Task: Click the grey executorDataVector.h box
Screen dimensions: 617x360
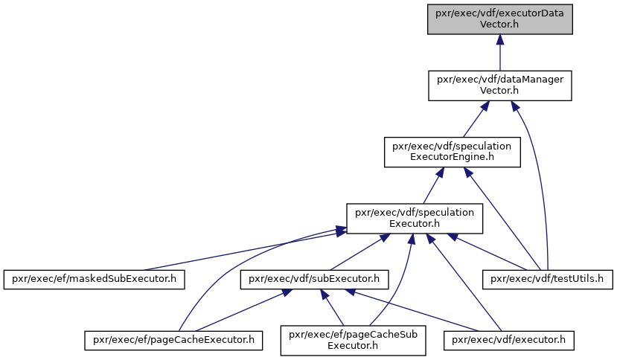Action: pyautogui.click(x=499, y=19)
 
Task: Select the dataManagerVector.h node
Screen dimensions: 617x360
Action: pyautogui.click(x=499, y=86)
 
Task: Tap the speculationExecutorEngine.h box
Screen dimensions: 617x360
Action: pyautogui.click(x=453, y=152)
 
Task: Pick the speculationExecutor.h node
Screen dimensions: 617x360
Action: pyautogui.click(x=415, y=219)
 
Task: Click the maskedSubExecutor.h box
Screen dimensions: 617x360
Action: pyautogui.click(x=94, y=280)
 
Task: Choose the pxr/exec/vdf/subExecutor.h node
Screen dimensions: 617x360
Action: pyautogui.click(x=314, y=280)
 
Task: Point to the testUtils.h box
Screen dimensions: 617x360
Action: pyautogui.click(x=547, y=280)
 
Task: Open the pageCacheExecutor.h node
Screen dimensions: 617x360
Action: pyautogui.click(x=173, y=341)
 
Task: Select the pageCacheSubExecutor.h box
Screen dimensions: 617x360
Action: pyautogui.click(x=353, y=341)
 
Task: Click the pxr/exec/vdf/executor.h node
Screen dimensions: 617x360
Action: pyautogui.click(x=509, y=341)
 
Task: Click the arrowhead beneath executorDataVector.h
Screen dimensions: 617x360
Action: pyautogui.click(x=499, y=39)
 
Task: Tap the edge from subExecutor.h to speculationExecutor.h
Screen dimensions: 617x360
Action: pyautogui.click(x=356, y=252)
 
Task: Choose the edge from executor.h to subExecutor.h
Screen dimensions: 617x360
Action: pyautogui.click(x=412, y=310)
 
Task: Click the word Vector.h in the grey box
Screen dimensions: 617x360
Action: pyautogui.click(x=499, y=25)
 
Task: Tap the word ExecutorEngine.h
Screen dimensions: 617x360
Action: pyautogui.click(x=452, y=157)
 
